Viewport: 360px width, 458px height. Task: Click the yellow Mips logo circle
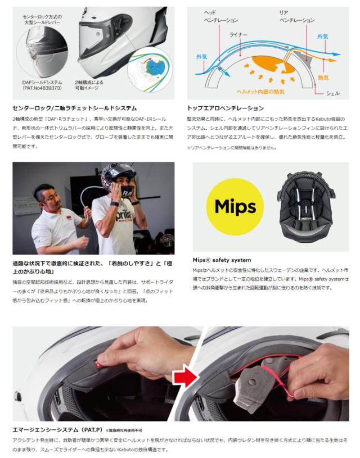pyautogui.click(x=235, y=206)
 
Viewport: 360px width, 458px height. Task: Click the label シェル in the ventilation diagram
pyautogui.click(x=333, y=93)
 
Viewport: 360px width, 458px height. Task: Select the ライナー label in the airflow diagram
pyautogui.click(x=238, y=35)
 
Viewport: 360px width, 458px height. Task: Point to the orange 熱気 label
pyautogui.click(x=323, y=78)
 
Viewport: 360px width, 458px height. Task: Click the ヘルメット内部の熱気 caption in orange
pyautogui.click(x=260, y=92)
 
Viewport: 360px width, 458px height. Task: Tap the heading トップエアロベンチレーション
pyautogui.click(x=226, y=108)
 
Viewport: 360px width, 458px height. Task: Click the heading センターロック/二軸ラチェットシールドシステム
pyautogui.click(x=75, y=108)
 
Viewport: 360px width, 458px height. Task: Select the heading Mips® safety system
pyautogui.click(x=222, y=260)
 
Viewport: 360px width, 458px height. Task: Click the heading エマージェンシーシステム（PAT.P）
pyautogui.click(x=57, y=430)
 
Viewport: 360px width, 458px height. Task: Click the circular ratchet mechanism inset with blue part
pyautogui.click(x=150, y=71)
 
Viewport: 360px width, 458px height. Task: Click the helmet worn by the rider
pyautogui.click(x=118, y=178)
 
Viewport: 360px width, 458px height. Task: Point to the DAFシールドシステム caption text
pyautogui.click(x=42, y=85)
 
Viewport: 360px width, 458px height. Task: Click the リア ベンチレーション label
pyautogui.click(x=297, y=16)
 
